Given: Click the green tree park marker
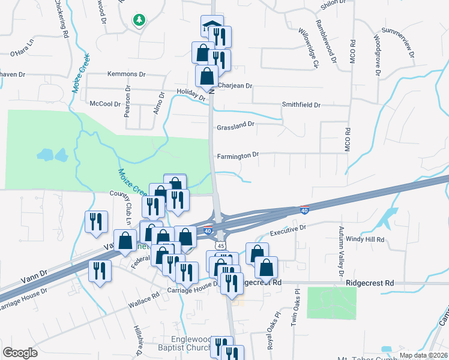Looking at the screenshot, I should point(139,21).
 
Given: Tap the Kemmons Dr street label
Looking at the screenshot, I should point(126,74).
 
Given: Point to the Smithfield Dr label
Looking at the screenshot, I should point(301,105).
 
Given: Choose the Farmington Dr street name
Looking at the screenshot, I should point(238,155).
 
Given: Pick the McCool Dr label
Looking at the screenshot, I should point(105,104).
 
